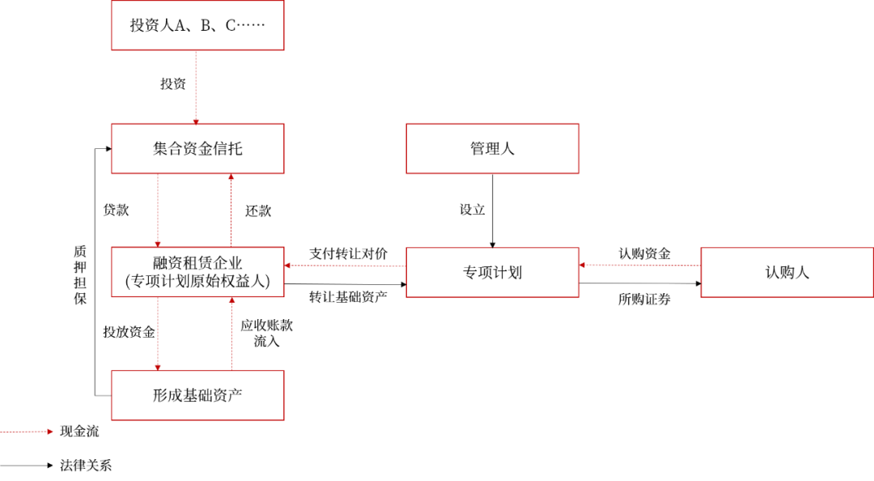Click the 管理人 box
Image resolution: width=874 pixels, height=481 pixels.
pyautogui.click(x=492, y=149)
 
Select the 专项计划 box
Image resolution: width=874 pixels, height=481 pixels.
pyautogui.click(x=492, y=272)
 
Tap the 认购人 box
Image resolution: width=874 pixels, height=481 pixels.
pyautogui.click(x=787, y=272)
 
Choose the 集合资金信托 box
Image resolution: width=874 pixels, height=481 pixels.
pyautogui.click(x=197, y=149)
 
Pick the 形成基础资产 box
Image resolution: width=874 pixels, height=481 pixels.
pyautogui.click(x=197, y=395)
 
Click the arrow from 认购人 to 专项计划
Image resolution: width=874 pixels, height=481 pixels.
pyautogui.click(x=639, y=265)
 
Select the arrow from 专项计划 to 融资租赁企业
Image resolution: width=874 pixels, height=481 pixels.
pyautogui.click(x=345, y=266)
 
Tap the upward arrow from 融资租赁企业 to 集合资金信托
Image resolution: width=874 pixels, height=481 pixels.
pyautogui.click(x=231, y=210)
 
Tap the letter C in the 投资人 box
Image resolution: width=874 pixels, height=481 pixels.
pyautogui.click(x=230, y=25)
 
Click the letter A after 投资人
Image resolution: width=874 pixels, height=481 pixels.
pyautogui.click(x=180, y=25)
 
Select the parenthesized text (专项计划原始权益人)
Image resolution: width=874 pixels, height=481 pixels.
pyautogui.click(x=197, y=282)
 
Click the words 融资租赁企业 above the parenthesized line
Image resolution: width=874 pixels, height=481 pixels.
pyautogui.click(x=197, y=263)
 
